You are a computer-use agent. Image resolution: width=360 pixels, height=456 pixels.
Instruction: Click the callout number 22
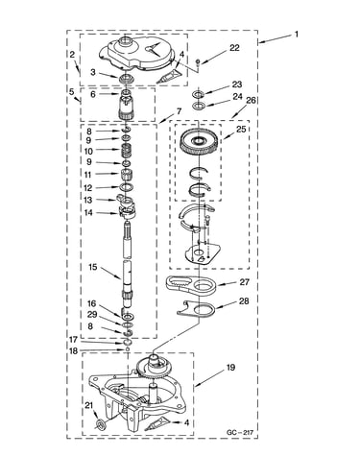[234, 48]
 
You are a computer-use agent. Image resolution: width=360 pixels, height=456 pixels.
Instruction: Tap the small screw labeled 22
[198, 61]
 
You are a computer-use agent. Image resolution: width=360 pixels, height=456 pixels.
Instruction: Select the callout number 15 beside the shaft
[93, 267]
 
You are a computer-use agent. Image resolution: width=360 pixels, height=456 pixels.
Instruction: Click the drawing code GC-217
[240, 433]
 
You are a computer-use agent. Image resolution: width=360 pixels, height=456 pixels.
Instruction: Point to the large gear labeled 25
[199, 141]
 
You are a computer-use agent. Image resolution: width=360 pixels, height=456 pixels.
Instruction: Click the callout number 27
[244, 282]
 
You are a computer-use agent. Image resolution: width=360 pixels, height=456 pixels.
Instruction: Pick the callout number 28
[244, 301]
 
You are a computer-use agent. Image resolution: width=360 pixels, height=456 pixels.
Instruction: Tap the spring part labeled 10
[128, 150]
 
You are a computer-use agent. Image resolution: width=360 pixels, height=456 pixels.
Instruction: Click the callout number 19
[230, 368]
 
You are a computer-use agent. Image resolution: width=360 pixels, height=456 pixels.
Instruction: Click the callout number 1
[297, 34]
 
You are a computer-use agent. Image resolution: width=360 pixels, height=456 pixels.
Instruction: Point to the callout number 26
[252, 101]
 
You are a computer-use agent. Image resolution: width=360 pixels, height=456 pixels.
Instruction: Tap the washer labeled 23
[198, 94]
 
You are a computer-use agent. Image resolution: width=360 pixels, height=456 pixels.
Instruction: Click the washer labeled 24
[198, 106]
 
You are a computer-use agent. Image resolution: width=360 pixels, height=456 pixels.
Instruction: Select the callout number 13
[87, 200]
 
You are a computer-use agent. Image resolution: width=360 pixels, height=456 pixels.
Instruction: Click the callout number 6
[93, 94]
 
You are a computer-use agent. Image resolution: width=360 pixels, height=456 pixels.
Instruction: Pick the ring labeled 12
[127, 187]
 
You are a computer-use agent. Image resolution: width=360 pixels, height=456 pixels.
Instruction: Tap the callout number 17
[73, 340]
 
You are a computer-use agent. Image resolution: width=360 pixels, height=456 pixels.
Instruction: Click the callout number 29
[92, 315]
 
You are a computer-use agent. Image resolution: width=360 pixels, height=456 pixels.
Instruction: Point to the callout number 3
[93, 72]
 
